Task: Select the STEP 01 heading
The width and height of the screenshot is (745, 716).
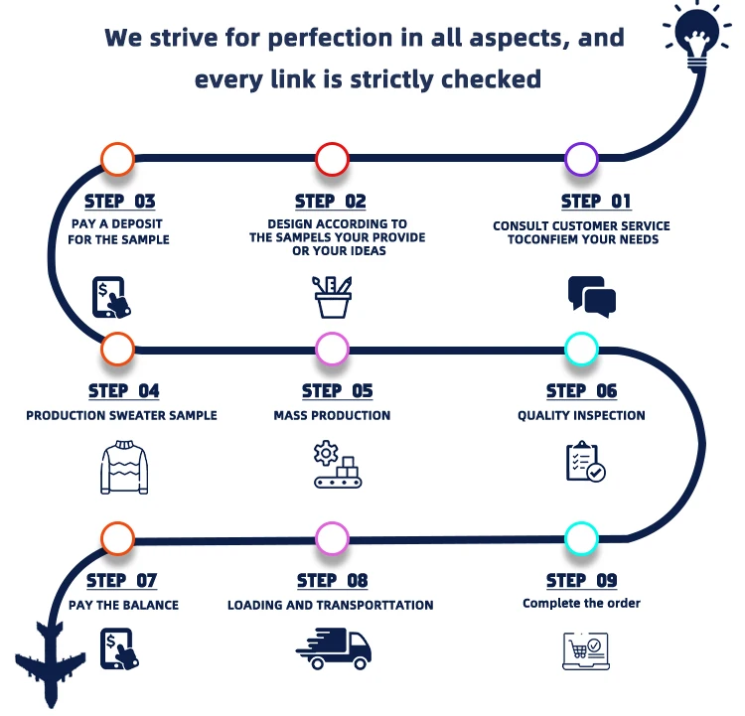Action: click(x=596, y=202)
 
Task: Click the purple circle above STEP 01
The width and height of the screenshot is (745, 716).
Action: click(x=581, y=159)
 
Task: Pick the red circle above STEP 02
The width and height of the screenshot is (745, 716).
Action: click(x=332, y=159)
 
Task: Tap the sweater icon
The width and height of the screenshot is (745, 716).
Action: click(x=124, y=467)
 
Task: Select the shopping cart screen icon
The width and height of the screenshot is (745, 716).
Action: click(x=582, y=649)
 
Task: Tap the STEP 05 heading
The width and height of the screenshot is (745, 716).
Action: click(x=338, y=391)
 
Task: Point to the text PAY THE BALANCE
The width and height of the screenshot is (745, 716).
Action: click(x=124, y=605)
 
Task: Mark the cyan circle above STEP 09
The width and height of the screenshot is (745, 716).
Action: click(x=581, y=538)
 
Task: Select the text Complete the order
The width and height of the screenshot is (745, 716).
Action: click(x=581, y=603)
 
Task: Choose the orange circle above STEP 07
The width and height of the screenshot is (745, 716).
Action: click(x=117, y=538)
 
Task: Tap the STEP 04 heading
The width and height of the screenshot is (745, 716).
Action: click(x=123, y=391)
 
